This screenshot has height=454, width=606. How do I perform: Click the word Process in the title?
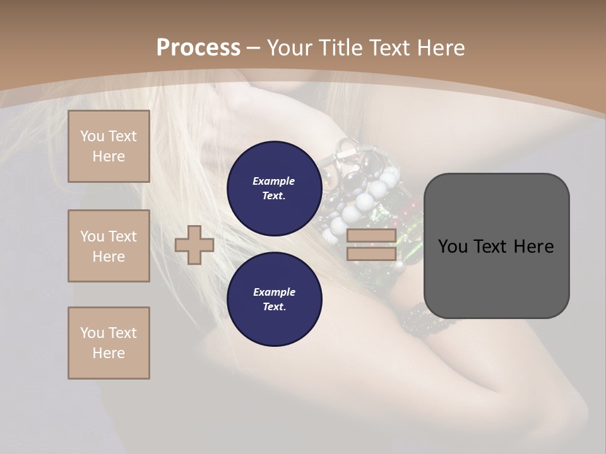[198, 48]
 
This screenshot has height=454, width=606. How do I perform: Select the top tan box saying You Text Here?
[109, 146]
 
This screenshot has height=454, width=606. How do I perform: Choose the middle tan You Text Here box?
[109, 246]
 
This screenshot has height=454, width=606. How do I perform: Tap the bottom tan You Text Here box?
[109, 343]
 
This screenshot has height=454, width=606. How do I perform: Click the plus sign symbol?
[194, 245]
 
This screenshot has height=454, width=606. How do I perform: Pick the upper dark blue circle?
[274, 188]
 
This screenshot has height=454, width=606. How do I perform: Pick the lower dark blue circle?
[274, 299]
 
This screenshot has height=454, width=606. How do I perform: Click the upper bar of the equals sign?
[372, 236]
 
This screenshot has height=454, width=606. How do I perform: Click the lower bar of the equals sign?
[372, 254]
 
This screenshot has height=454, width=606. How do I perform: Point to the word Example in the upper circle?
[274, 181]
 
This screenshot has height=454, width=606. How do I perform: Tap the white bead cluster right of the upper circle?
[366, 202]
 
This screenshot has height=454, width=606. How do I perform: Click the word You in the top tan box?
[92, 136]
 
